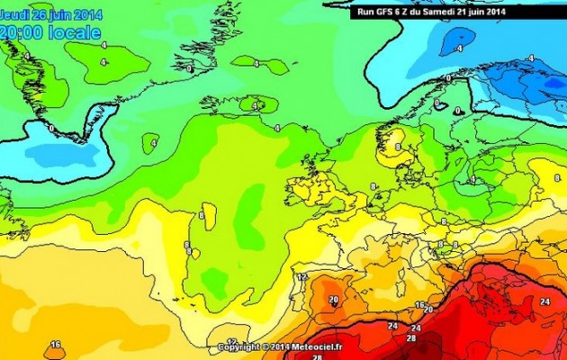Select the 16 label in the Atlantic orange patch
[x=56, y=345]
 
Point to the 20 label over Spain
[x=333, y=301]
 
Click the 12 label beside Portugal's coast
[x=302, y=277]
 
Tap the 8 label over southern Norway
[x=398, y=146]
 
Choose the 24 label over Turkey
[x=543, y=302]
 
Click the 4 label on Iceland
[x=255, y=106]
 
